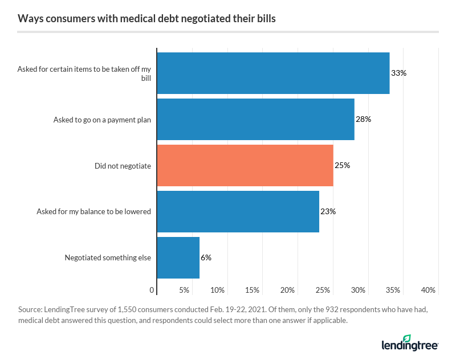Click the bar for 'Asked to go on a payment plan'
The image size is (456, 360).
pos(255,119)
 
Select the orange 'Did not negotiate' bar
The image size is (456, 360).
pos(245,165)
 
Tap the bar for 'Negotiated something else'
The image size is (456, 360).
pos(178,257)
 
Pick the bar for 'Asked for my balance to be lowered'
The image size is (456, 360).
pos(238,211)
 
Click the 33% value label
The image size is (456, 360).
pos(398,73)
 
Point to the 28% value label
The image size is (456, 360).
pos(364,120)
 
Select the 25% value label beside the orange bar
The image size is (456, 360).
pos(343,166)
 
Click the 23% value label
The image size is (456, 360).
pos(328,212)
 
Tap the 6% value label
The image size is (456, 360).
pos(206,258)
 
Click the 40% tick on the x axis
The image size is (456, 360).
pos(428,291)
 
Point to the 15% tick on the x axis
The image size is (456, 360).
pos(253,291)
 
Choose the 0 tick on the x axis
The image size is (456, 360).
pos(152,291)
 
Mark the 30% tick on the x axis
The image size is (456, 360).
pos(358,291)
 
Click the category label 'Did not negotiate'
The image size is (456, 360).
pos(123,166)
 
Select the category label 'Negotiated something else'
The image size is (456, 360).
pos(108,257)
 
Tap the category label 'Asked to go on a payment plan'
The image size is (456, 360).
pos(102,120)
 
